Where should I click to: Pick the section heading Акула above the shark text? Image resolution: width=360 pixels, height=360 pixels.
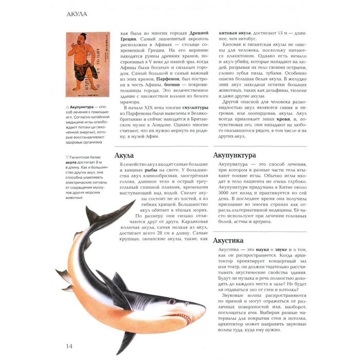[124, 155]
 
